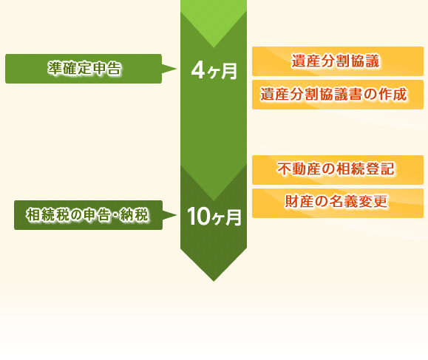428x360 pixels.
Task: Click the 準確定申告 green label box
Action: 84,69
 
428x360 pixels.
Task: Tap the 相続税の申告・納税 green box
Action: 89,215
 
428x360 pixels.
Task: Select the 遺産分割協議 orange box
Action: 338,61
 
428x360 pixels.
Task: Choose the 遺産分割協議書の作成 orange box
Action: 338,95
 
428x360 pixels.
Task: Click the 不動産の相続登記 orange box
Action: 338,170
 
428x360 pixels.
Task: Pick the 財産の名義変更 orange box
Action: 338,203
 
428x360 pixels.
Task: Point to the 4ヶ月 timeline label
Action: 214,71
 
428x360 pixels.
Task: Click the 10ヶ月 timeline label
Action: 214,217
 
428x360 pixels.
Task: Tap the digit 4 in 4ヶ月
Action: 198,70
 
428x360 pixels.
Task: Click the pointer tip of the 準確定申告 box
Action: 177,69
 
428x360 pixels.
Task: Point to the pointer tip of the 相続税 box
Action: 177,215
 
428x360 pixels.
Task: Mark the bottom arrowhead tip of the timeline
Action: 214,281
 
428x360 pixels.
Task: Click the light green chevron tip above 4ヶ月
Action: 214,47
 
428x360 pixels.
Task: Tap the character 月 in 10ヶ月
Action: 234,217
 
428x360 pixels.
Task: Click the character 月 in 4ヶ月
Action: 229,72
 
